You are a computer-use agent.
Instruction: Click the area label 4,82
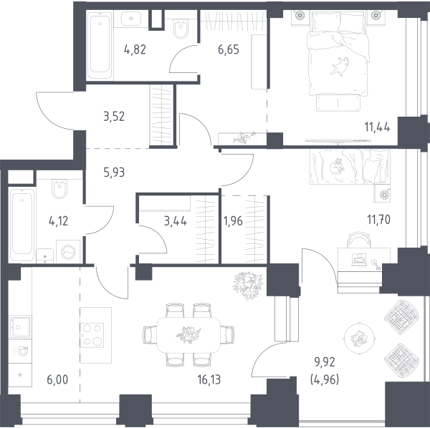click(135, 50)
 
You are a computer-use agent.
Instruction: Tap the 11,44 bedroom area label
click(377, 127)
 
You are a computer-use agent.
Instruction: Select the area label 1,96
click(233, 220)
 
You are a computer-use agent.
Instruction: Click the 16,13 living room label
click(209, 380)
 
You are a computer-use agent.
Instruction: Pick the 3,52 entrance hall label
click(114, 117)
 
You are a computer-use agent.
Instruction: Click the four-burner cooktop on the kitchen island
click(92, 335)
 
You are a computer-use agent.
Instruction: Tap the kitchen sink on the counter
click(20, 326)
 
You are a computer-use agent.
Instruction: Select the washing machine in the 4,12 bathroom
click(68, 252)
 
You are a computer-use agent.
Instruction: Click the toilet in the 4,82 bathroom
click(181, 29)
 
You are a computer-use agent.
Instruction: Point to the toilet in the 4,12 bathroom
click(59, 189)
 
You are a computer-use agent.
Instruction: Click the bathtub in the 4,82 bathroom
click(100, 46)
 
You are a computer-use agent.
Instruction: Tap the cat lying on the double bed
click(340, 66)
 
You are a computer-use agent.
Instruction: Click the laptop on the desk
click(359, 260)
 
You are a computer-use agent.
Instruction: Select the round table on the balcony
click(359, 338)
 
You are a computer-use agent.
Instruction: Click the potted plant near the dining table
click(248, 285)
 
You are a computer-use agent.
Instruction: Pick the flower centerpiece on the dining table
click(188, 334)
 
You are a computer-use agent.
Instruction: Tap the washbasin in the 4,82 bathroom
click(131, 19)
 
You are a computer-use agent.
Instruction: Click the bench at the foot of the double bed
click(338, 102)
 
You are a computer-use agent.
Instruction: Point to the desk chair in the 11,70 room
click(359, 240)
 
